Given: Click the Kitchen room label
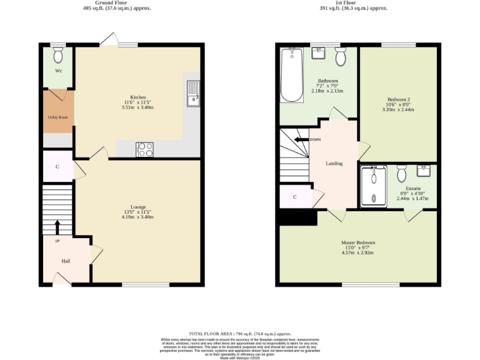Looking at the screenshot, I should point(138,98).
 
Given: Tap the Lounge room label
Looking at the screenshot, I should point(137,207).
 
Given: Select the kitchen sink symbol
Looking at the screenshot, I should point(193,92).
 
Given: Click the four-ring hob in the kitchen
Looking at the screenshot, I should point(145,149).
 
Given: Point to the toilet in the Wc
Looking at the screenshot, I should point(58,56).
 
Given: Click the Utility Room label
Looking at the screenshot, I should point(57,117).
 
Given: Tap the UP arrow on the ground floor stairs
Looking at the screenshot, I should point(57,226).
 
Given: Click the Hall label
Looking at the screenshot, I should point(66,261).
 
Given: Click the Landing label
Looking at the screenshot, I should point(334,163).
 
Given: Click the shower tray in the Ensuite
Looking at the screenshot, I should point(374,186).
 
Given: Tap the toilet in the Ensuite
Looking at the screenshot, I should point(402,171).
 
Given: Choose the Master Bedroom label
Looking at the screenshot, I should point(358,242).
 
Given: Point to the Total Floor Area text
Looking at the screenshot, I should point(240,334).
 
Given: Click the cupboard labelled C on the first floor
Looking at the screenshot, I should point(294,197).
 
